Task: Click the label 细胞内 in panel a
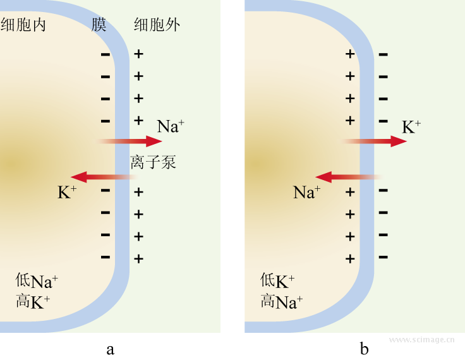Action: point(23,25)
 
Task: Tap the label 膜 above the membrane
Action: point(98,25)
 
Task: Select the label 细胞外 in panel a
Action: point(157,25)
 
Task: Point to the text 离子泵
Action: point(153,162)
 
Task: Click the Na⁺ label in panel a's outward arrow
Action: point(171,126)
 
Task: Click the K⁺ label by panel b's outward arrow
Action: point(411,126)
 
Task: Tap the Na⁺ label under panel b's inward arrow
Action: point(307,192)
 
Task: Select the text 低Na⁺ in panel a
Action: point(37,281)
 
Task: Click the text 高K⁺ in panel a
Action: point(33,302)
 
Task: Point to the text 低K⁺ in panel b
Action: point(277,281)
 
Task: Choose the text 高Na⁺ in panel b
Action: point(282,302)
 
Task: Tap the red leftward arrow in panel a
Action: point(101,177)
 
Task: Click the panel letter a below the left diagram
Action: point(111,349)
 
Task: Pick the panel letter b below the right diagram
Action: point(364,348)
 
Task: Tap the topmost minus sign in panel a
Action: point(105,54)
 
